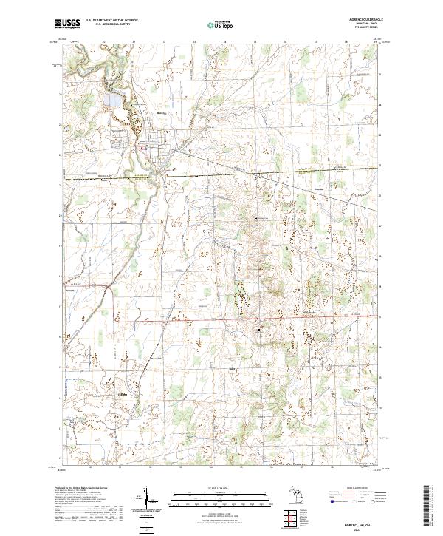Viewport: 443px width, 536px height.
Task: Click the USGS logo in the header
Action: [x=67, y=24]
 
